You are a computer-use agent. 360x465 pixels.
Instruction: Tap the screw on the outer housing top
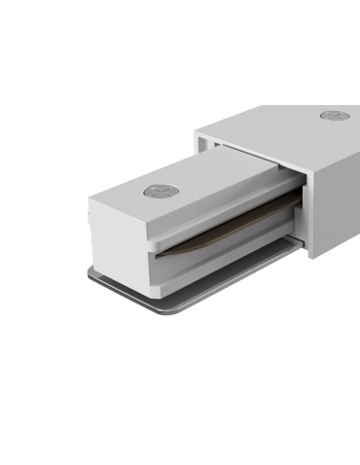click(332, 116)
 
